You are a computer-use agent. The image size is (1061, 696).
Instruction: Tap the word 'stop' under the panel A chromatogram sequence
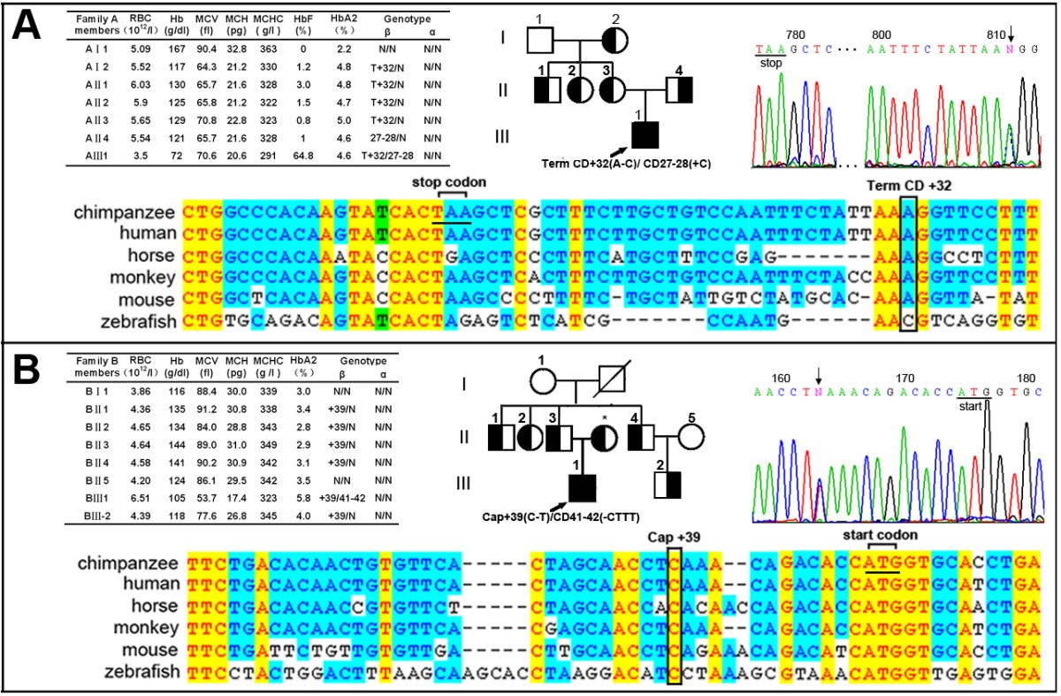tap(765, 63)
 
